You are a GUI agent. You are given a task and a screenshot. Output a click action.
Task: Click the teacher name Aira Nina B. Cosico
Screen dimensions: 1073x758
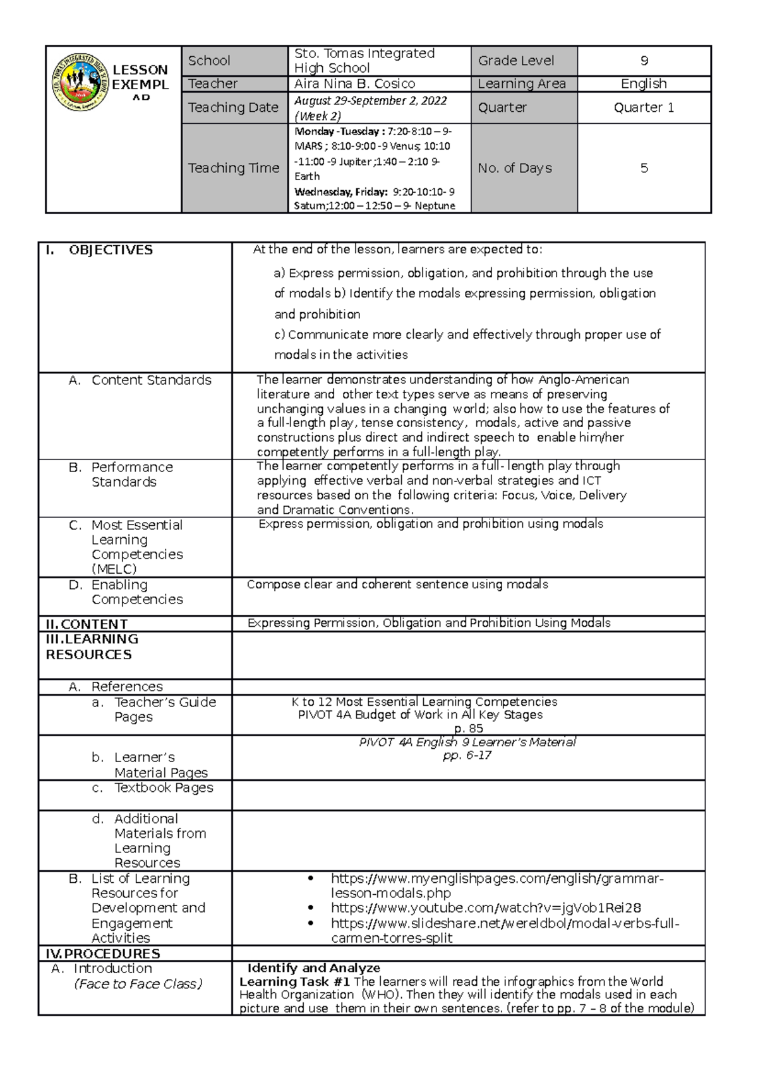354,84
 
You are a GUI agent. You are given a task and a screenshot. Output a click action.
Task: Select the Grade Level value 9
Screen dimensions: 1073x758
644,61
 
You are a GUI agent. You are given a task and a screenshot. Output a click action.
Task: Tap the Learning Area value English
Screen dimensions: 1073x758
644,84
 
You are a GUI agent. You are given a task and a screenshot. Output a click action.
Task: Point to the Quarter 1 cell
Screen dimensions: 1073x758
644,107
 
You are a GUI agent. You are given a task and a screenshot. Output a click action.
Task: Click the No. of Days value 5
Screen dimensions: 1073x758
644,168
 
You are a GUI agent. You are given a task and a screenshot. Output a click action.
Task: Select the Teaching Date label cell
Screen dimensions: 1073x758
233,107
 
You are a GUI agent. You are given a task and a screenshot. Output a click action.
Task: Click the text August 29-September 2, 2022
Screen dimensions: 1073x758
371,100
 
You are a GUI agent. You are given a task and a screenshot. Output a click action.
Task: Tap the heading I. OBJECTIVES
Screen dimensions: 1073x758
99,250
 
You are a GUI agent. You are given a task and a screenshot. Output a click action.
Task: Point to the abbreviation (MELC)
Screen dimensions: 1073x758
114,569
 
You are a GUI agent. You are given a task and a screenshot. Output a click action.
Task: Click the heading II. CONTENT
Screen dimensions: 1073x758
87,624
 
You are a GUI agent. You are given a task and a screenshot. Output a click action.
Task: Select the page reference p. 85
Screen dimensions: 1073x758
468,729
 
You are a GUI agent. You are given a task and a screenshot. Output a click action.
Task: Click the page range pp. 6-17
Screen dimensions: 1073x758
467,756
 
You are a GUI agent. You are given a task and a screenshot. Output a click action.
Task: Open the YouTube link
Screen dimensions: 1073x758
485,908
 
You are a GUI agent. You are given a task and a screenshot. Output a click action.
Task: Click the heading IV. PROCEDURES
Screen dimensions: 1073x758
103,954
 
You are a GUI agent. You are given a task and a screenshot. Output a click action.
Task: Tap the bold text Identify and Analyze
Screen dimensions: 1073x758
314,968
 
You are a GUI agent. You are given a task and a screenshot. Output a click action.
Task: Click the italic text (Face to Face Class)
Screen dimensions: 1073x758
138,984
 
